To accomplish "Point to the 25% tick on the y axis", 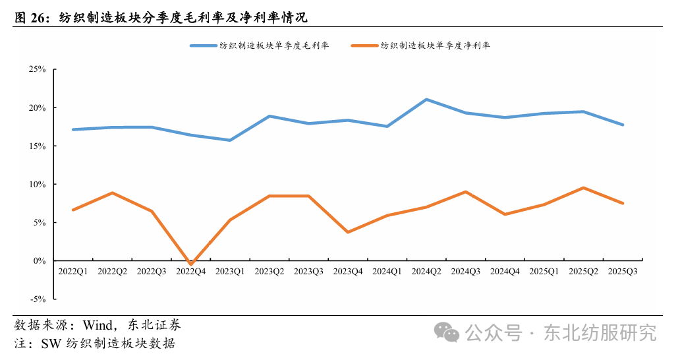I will point(37,69).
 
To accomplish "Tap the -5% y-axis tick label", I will point(37,299).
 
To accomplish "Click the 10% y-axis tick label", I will point(37,184).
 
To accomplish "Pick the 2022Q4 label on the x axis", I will point(191,271).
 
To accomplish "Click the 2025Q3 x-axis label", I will point(623,271).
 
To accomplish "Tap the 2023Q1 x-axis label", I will point(230,271).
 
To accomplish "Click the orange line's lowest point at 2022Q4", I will point(191,264).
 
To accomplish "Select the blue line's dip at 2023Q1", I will point(230,140).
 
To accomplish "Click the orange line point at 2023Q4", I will point(348,232).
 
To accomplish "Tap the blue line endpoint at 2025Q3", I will point(623,125).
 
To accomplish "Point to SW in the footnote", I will point(49,344).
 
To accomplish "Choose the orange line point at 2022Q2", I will point(113,193).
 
